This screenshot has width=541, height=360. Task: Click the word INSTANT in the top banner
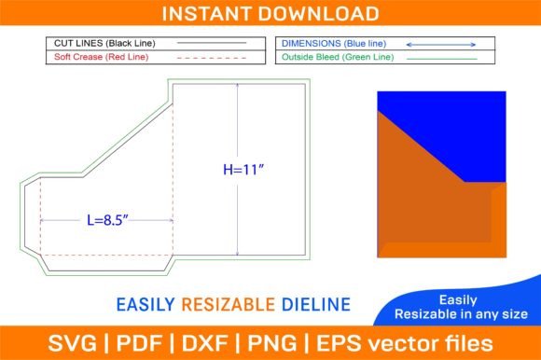pyautogui.click(x=206, y=14)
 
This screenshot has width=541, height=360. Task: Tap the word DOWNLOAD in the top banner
pyautogui.click(x=318, y=14)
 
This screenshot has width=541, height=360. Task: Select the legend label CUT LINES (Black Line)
pyautogui.click(x=104, y=44)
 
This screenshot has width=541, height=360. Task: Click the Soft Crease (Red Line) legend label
pyautogui.click(x=101, y=57)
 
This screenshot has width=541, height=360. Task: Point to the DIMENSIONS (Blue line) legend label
pyautogui.click(x=334, y=44)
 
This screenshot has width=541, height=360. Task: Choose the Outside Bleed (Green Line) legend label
pyautogui.click(x=338, y=57)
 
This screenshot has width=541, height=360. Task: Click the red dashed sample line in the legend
pyautogui.click(x=212, y=58)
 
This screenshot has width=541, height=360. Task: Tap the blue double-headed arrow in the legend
pyautogui.click(x=441, y=45)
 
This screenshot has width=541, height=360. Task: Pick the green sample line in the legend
pyautogui.click(x=442, y=59)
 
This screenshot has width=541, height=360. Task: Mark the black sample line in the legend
pyautogui.click(x=212, y=43)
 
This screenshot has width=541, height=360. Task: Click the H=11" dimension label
pyautogui.click(x=243, y=170)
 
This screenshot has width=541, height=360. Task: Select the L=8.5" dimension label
pyautogui.click(x=107, y=220)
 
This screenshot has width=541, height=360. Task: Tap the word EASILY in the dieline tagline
pyautogui.click(x=146, y=304)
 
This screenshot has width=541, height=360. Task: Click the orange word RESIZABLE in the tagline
pyautogui.click(x=229, y=304)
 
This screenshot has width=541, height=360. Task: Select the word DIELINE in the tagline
pyautogui.click(x=316, y=304)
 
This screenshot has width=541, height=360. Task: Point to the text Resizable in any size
pyautogui.click(x=461, y=314)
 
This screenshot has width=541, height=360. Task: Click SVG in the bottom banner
pyautogui.click(x=72, y=343)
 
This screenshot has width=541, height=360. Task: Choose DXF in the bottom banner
pyautogui.click(x=204, y=343)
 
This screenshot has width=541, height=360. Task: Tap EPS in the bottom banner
pyautogui.click(x=339, y=343)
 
